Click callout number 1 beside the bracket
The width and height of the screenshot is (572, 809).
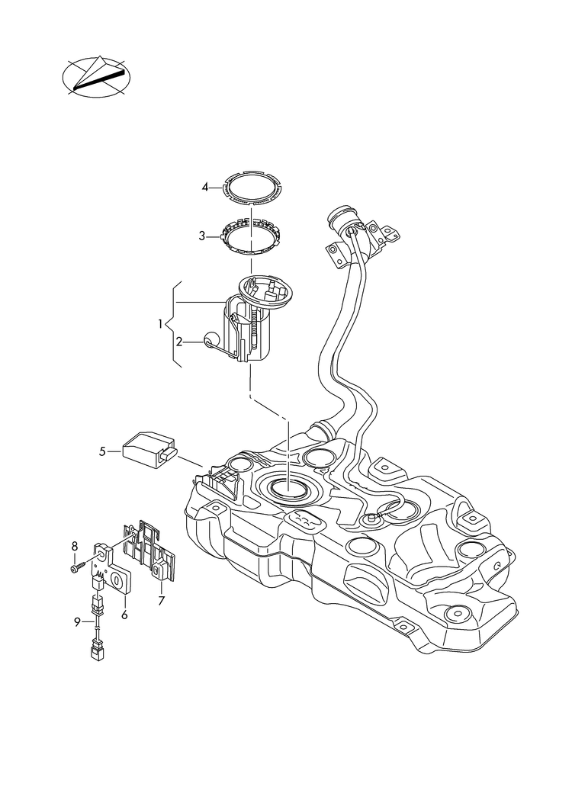pos(161,324)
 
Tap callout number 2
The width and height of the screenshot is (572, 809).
pos(179,342)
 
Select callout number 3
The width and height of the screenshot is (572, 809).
pos(203,236)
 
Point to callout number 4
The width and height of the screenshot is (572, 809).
pos(205,187)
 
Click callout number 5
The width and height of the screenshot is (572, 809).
pos(102,451)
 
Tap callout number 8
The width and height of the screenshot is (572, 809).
pos(75,545)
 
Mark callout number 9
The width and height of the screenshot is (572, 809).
pos(78,622)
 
